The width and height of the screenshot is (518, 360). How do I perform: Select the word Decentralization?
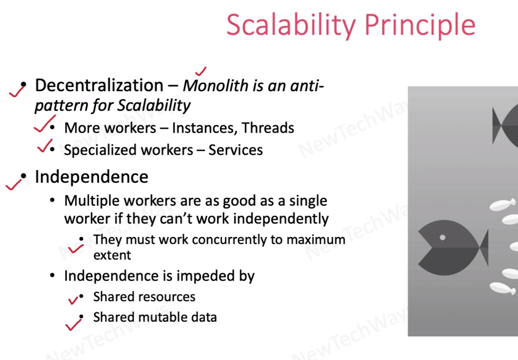(x=99, y=85)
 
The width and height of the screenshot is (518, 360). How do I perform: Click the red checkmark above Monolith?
(x=200, y=71)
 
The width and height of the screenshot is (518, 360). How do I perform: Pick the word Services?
(x=236, y=150)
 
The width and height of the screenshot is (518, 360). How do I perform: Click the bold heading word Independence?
(x=92, y=177)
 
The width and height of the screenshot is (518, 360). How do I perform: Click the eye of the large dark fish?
(x=443, y=237)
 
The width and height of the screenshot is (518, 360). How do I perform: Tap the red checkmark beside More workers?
(x=45, y=124)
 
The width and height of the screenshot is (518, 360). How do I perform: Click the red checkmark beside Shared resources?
(x=74, y=300)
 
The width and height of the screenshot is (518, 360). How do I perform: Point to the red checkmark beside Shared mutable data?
(x=74, y=324)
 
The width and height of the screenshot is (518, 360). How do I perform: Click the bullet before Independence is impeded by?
(x=52, y=275)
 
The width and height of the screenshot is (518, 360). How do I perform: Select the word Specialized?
(x=96, y=150)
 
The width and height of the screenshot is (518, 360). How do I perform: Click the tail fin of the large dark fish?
(x=483, y=248)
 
